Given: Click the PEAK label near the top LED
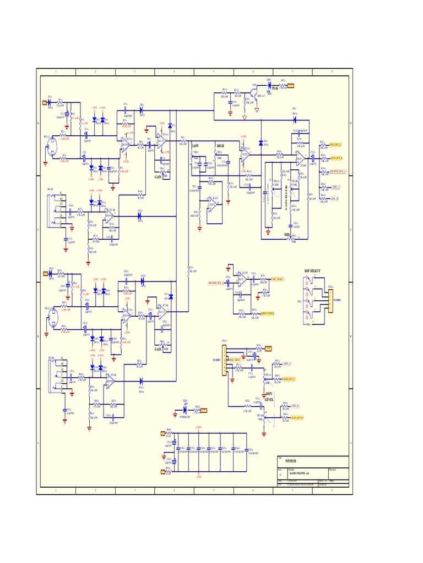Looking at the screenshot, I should [x=275, y=88].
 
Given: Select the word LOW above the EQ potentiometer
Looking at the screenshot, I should [x=195, y=146].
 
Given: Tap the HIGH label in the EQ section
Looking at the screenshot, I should [x=220, y=146].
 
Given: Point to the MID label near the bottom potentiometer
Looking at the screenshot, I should [x=287, y=235].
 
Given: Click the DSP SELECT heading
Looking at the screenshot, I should [x=312, y=271].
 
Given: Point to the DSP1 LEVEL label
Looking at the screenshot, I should [x=269, y=397].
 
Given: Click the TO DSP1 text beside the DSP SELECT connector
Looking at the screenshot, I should [x=337, y=300].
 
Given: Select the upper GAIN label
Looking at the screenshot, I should [x=158, y=177].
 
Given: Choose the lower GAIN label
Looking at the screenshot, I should [x=158, y=349].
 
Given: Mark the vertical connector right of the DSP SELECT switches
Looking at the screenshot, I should [x=330, y=300].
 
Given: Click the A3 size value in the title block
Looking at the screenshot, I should [x=280, y=473].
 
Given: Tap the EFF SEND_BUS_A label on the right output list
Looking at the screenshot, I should [x=338, y=172].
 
